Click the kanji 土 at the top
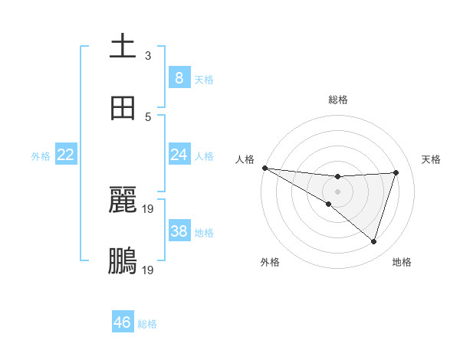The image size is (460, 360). [123, 47]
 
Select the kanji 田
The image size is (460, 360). [123, 108]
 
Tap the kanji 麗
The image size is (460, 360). [123, 200]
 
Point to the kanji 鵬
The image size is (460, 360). [123, 261]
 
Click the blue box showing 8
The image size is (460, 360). [179, 77]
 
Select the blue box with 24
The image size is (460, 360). [179, 155]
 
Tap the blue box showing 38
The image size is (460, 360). [179, 231]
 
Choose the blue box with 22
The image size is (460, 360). [66, 155]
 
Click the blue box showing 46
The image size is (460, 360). [123, 322]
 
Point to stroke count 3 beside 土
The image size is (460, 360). [148, 55]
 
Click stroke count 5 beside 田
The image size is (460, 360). [148, 116]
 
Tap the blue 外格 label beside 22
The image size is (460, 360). [41, 155]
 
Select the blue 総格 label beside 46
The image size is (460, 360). [147, 324]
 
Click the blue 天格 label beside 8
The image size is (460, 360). [204, 79]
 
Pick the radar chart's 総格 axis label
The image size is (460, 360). [338, 100]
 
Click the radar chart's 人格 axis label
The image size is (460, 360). [245, 159]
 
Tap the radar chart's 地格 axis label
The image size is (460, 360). [402, 262]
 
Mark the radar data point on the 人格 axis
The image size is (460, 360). [264, 167]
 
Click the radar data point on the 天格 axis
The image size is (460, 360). [396, 172]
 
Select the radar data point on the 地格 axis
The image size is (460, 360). [373, 241]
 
